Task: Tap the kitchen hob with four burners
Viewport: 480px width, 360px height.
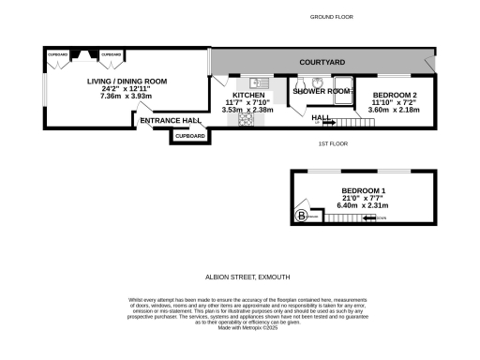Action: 247,120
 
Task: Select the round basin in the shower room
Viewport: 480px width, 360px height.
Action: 318,82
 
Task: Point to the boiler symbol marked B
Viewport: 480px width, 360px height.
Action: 301,217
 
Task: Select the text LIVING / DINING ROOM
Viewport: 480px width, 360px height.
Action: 127,82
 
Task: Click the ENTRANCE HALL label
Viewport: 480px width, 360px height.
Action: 171,121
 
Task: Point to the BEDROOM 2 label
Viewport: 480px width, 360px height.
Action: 395,96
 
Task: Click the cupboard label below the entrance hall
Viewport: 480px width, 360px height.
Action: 188,136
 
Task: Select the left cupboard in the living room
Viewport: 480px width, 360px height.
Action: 58,55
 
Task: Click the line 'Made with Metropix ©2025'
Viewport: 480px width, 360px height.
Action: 240,327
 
